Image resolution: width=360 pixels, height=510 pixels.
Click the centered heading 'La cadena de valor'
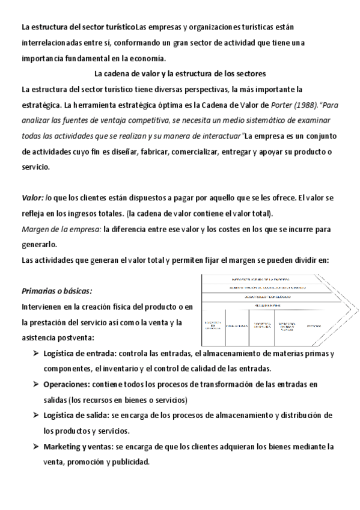tap(180, 74)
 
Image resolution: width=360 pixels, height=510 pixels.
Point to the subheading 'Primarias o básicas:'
tap(56, 291)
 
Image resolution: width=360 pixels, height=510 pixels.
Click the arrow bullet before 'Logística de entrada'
tap(36, 353)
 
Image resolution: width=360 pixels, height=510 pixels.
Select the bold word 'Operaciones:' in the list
tap(66, 384)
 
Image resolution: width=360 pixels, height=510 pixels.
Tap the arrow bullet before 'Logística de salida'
tap(36, 416)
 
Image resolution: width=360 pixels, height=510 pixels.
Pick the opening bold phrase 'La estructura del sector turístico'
tap(78, 27)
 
